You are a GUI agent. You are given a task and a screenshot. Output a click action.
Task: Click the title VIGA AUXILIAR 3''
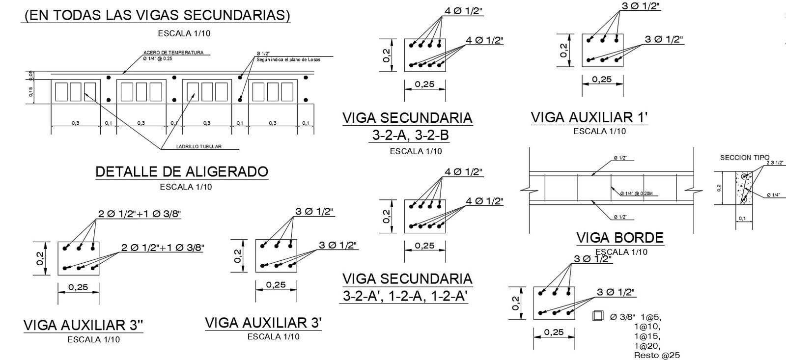pos(84,325)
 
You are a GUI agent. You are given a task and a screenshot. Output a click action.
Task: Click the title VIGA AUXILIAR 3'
pos(263,323)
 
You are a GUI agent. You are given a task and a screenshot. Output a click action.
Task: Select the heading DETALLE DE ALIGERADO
pos(182,171)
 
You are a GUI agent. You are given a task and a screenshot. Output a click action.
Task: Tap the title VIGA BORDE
pos(619,238)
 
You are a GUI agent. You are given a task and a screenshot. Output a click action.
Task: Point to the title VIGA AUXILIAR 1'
pos(589,118)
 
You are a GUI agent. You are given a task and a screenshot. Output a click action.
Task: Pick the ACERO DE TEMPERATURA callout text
pos(173,53)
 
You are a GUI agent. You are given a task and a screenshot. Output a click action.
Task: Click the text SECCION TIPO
pos(745,158)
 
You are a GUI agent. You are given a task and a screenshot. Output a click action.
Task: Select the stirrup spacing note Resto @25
pos(657,355)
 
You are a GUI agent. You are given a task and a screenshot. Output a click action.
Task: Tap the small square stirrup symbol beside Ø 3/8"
pos(597,316)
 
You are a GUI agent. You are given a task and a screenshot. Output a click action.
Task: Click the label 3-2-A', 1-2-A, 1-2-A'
pos(405,296)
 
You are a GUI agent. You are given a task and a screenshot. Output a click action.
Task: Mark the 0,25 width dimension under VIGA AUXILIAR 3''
pos(79,287)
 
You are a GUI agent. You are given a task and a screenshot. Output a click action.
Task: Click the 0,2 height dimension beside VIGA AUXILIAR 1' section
pos(563,50)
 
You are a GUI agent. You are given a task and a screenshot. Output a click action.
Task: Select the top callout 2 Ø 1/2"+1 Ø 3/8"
pos(140,214)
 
